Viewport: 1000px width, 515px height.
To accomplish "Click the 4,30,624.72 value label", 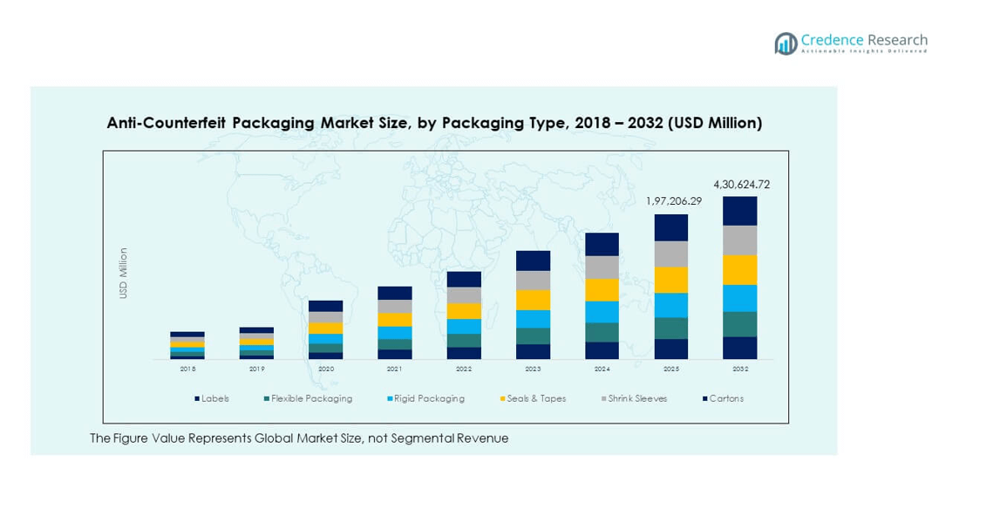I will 741,185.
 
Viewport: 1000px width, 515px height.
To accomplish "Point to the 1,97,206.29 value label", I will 673,201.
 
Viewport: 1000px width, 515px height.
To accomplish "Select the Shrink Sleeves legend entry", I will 637,398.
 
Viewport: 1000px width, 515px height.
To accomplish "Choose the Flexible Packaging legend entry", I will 311,398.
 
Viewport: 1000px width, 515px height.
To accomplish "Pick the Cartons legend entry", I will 725,398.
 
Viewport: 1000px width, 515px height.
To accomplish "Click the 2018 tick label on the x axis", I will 187,369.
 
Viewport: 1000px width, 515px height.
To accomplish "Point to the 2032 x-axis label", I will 740,369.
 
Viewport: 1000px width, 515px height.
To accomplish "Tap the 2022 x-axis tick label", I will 464,369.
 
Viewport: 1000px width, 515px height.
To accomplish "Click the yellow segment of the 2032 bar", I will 740,270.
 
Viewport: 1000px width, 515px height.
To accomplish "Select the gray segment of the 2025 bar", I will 671,254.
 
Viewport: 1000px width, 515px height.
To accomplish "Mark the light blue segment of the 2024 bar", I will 602,312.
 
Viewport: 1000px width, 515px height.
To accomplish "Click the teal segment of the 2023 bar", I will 533,335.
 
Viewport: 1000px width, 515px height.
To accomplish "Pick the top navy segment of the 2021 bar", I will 395,293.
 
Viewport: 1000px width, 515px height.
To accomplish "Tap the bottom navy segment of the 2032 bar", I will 740,348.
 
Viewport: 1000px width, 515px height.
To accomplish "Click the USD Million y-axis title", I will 124,274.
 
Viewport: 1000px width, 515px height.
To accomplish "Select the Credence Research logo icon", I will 786,44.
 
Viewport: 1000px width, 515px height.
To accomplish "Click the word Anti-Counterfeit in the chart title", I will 167,123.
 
